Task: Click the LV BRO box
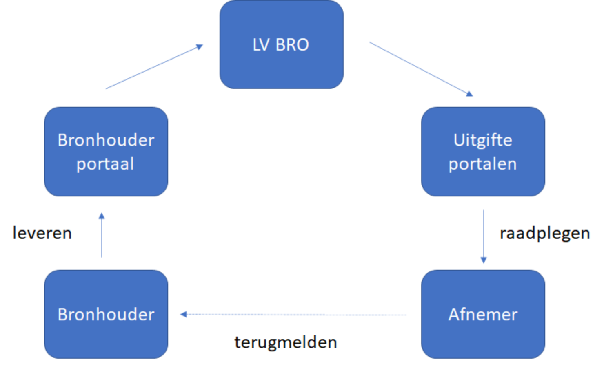point(281,44)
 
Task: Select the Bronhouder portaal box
point(106,152)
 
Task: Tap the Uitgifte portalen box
point(483,152)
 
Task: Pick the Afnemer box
point(483,314)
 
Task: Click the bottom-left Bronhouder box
point(106,314)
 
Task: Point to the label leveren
point(42,233)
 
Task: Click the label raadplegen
point(544,233)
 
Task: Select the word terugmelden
point(286,342)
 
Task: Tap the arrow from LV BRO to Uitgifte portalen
point(420,68)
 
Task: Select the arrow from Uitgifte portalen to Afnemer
point(484,234)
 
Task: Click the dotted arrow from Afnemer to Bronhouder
point(294,314)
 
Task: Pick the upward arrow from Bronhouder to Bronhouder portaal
point(102,236)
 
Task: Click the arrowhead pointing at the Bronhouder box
point(184,314)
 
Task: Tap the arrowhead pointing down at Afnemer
point(484,260)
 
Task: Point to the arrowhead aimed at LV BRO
point(200,46)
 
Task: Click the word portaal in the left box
point(105,164)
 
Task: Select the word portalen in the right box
point(482,164)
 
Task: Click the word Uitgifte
point(483,140)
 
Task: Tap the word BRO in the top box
point(292,44)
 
